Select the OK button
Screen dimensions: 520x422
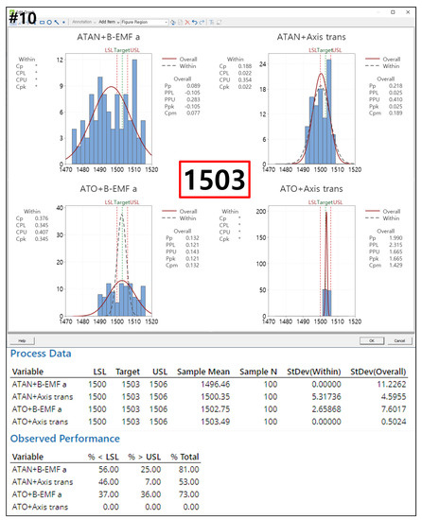pos(373,340)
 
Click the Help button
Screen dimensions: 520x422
pos(20,340)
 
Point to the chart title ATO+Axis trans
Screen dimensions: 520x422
pos(317,188)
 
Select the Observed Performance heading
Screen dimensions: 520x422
pos(64,439)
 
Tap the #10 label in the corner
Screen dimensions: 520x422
pos(21,17)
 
